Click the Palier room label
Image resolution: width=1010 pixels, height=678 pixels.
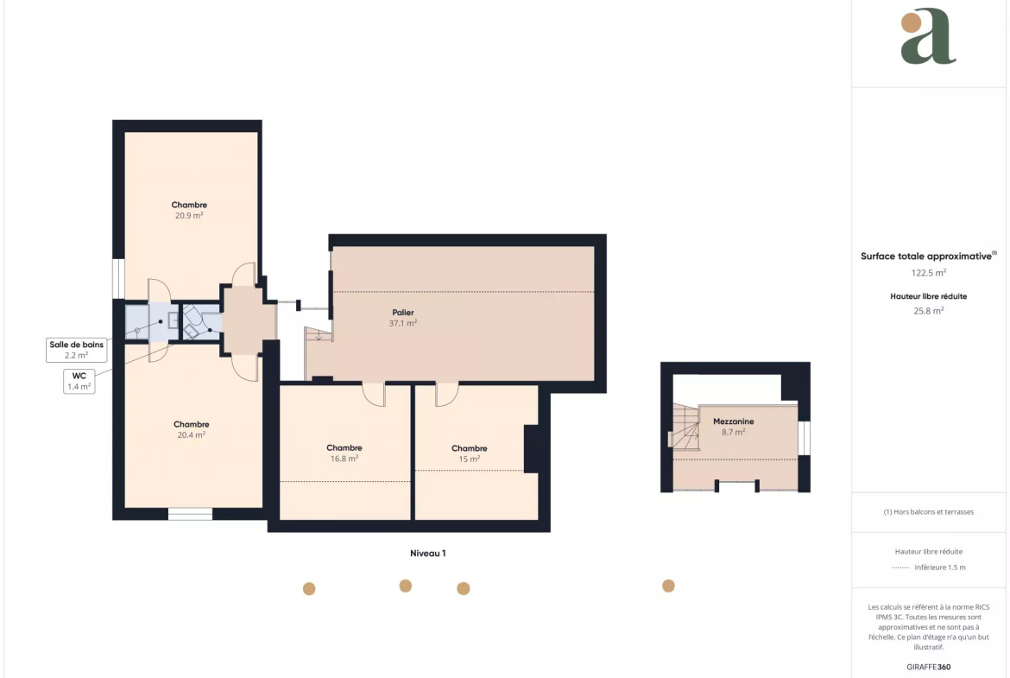[403, 313]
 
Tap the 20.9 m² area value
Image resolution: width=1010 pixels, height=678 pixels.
[189, 216]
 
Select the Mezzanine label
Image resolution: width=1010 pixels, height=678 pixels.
[733, 421]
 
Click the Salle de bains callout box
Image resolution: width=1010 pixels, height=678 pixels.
[77, 350]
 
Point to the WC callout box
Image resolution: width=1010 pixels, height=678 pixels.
[79, 382]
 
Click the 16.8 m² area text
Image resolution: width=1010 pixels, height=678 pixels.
[344, 459]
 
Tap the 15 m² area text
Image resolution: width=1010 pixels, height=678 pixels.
[469, 459]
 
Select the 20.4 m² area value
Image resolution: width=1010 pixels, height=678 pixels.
[192, 435]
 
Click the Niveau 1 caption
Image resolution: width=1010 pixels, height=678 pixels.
[427, 553]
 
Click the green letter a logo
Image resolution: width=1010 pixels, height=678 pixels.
[927, 37]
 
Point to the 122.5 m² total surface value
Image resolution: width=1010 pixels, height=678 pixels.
[928, 273]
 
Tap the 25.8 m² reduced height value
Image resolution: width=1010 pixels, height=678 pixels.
[928, 311]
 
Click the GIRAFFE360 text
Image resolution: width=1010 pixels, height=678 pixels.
[928, 667]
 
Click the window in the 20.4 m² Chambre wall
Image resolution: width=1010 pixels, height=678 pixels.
[190, 514]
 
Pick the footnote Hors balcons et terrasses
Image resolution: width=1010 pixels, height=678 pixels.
[928, 511]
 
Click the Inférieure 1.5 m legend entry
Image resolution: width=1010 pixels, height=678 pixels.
[928, 567]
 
